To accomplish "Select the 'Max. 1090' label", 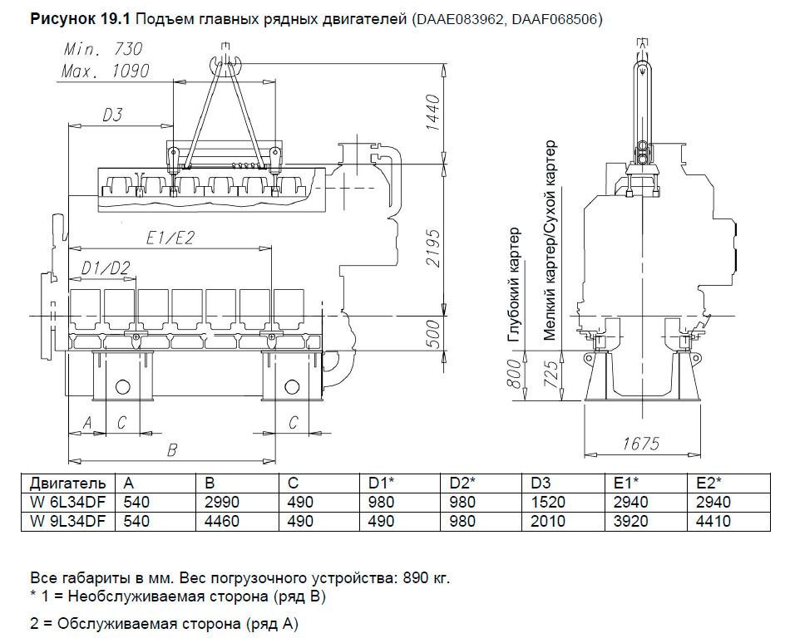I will [106, 71].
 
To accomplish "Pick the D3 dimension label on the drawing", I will [112, 115].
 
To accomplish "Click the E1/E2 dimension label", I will [169, 238].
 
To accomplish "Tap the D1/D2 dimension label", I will [107, 268].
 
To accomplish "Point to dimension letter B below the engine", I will [172, 450].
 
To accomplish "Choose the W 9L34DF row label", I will [67, 522].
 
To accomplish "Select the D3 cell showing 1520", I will [548, 502].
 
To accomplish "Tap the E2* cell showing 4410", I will [713, 522].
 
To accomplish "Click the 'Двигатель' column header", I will [67, 483].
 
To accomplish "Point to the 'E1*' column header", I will [625, 483].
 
